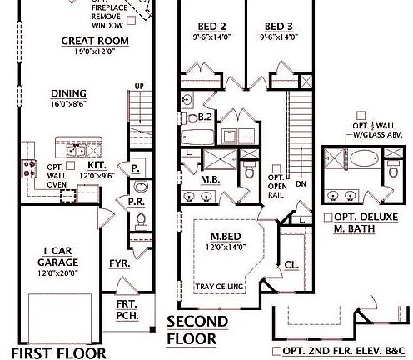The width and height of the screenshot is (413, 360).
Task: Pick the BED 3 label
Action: (x=275, y=26)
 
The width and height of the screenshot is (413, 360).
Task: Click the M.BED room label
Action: (x=226, y=236)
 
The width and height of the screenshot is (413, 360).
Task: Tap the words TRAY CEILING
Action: (x=220, y=287)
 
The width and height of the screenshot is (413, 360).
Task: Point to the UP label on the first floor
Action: (x=139, y=86)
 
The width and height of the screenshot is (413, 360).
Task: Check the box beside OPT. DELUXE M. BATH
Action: (x=329, y=217)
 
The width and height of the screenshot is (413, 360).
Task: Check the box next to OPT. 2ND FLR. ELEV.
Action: (x=276, y=350)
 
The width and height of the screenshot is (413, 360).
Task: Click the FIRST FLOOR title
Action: (x=48, y=351)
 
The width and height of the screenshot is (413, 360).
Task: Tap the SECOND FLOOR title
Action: (x=197, y=331)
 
